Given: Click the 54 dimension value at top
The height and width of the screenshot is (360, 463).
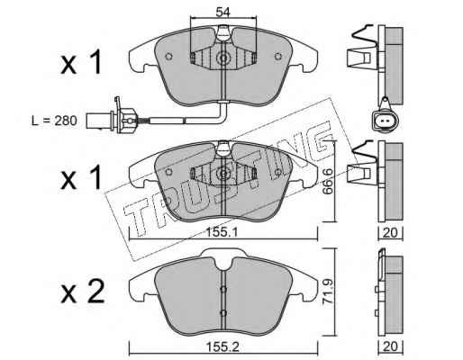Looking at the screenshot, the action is [x=222, y=13].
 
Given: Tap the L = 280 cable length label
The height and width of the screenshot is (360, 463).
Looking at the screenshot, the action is [x=55, y=121].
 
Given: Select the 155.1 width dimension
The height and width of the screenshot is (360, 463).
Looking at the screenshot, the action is [x=222, y=232].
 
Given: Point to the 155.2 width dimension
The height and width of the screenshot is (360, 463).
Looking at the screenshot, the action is [x=222, y=347].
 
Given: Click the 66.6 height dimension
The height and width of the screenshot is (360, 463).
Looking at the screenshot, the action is [x=328, y=181].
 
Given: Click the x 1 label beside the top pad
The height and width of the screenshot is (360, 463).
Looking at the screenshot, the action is [x=81, y=62].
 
